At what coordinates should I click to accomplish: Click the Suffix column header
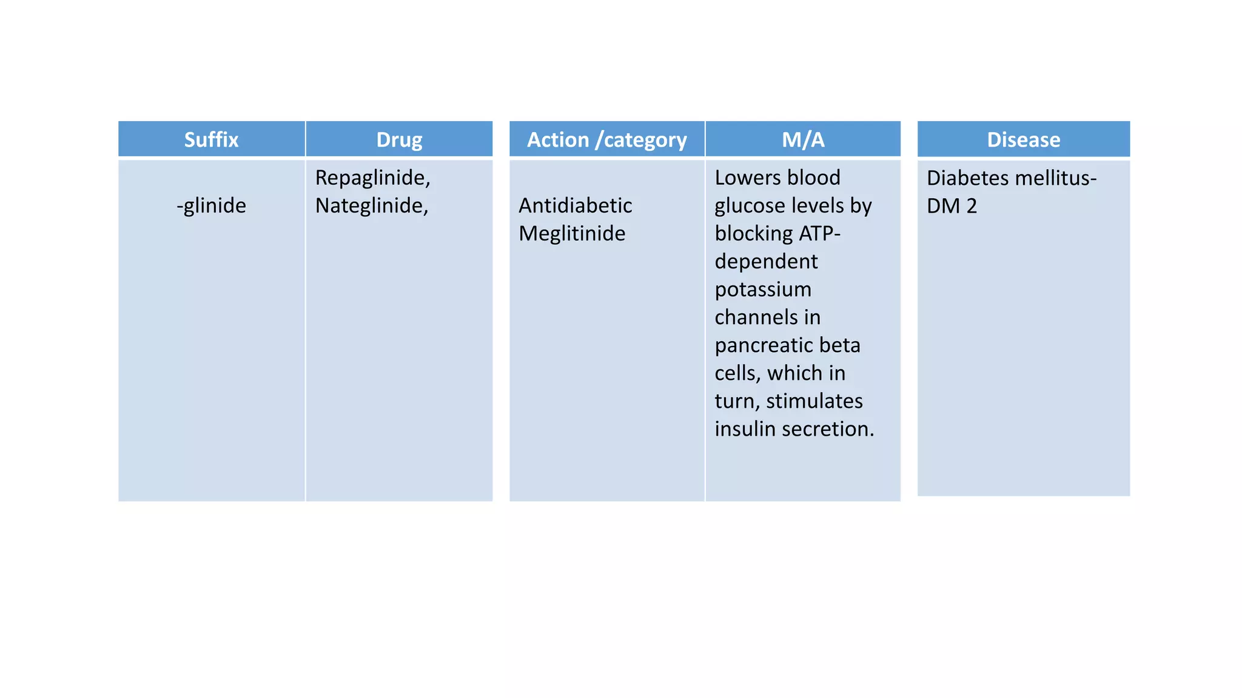coord(211,140)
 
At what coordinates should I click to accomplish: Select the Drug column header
coord(399,140)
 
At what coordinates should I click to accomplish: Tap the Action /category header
coord(606,140)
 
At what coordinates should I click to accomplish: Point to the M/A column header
coord(803,140)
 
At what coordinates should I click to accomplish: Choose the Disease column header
coord(1023,140)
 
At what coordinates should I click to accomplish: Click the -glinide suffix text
coord(211,205)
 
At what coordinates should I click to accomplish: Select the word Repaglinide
coord(372,178)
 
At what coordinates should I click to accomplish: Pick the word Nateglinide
coord(371,205)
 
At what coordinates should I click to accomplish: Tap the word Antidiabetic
coord(575,205)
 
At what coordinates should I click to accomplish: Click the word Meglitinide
coord(571,233)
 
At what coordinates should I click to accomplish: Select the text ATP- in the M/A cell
coord(819,233)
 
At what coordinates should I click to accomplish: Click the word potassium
coord(762,289)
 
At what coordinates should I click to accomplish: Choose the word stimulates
coord(814,401)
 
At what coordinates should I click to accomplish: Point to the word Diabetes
coord(967,178)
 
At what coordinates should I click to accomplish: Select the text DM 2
coord(952,206)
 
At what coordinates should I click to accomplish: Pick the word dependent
coord(766,261)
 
